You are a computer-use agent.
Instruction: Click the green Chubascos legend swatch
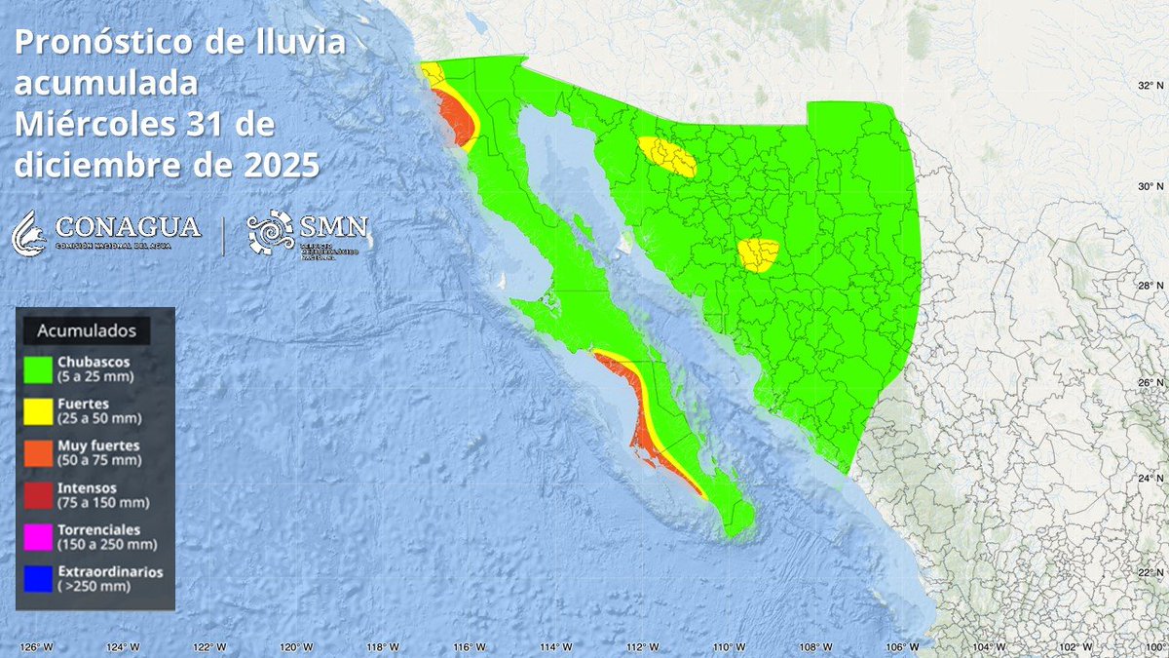pos(39,368)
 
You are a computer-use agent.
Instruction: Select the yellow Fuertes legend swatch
pos(39,410)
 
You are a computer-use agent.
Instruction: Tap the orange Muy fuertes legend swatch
pos(39,452)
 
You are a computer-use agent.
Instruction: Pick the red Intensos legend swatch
pos(39,494)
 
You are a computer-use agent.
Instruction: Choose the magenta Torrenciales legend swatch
pos(39,536)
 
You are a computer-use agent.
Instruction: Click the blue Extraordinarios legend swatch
pos(39,579)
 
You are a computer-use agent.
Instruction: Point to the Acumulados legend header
pos(86,330)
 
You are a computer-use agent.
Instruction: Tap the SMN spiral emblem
pos(269,232)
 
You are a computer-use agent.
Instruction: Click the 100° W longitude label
pos(1153,646)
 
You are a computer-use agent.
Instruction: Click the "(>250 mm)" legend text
pos(95,586)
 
